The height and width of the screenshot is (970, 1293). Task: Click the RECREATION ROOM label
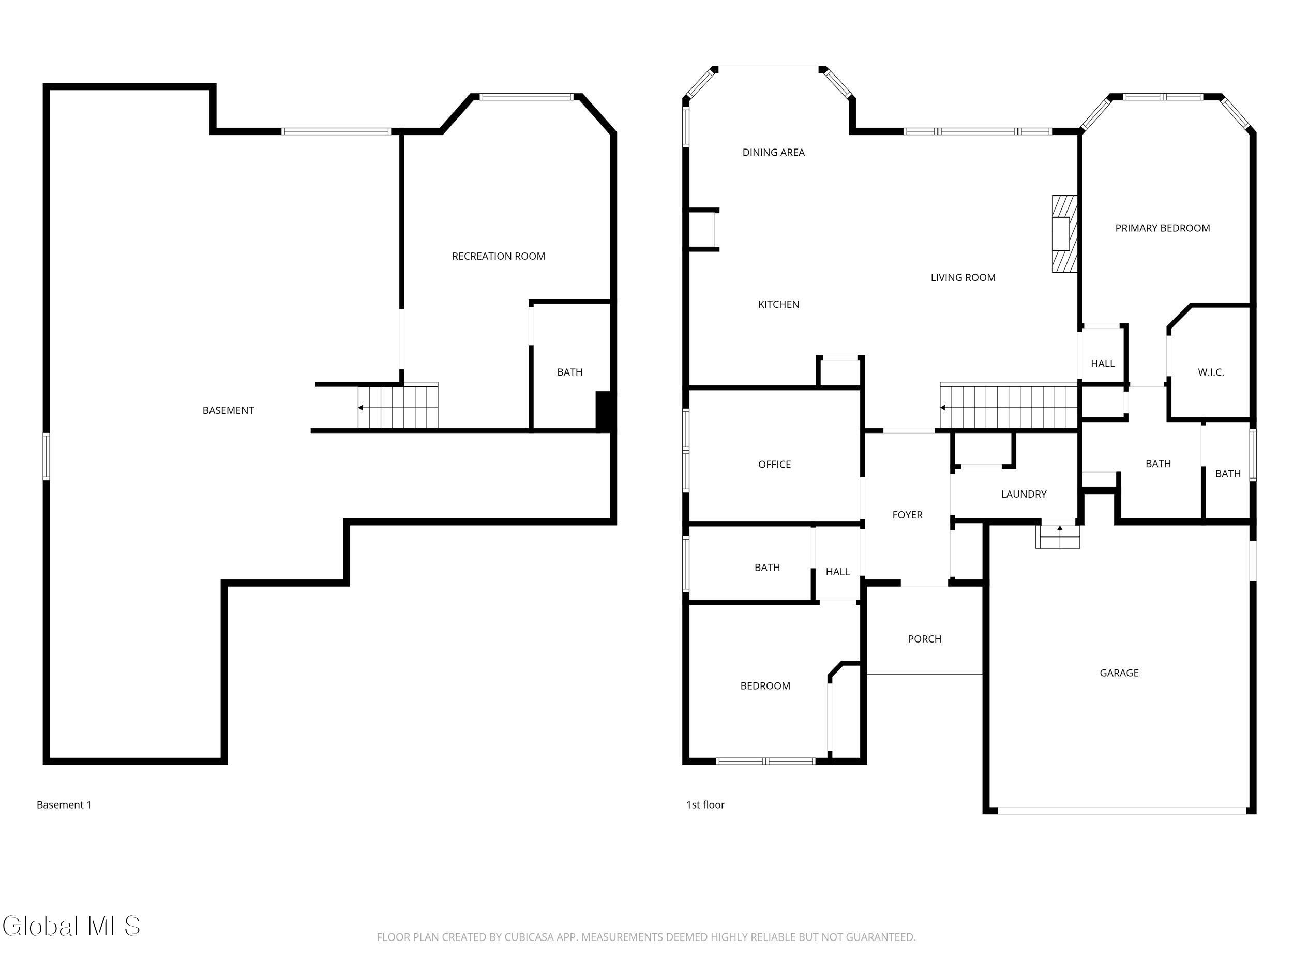498,256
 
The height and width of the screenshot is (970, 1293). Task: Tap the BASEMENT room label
228,410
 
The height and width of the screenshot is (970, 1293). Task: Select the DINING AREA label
773,153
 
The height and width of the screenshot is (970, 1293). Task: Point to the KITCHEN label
778,304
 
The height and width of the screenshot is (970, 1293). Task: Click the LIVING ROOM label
963,278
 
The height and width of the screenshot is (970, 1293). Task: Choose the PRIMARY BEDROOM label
1162,228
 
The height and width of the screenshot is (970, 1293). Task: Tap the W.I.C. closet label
1211,372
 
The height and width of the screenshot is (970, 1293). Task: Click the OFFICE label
775,464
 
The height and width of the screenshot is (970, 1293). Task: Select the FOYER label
907,515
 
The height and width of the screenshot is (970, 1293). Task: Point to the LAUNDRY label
1024,494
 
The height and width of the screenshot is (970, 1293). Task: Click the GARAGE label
1119,673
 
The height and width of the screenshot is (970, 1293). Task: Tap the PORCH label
924,639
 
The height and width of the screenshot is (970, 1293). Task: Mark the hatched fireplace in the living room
1064,234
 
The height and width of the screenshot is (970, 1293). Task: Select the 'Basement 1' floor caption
64,804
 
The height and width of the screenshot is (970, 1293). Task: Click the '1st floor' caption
705,804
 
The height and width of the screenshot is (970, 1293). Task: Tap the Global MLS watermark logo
71,926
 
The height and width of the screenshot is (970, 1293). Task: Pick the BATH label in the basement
569,372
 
